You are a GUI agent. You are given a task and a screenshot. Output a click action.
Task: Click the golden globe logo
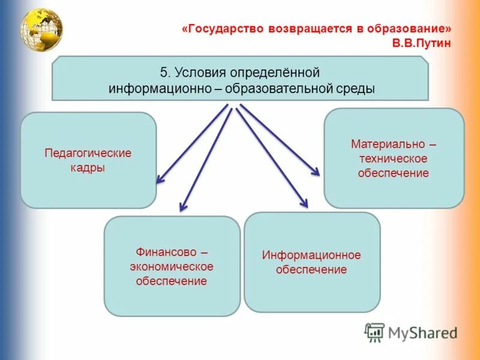tap(41, 28)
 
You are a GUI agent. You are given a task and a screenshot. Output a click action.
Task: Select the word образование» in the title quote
tap(417, 29)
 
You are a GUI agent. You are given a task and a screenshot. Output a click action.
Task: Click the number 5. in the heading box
tap(166, 73)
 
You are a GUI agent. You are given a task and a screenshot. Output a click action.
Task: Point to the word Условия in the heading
tap(200, 73)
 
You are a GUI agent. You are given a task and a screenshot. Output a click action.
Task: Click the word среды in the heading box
tap(358, 88)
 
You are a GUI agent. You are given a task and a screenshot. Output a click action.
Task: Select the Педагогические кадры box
tap(88, 160)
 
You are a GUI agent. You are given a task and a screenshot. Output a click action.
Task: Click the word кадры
tap(88, 168)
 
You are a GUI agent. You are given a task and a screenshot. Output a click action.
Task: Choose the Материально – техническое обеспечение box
tap(394, 158)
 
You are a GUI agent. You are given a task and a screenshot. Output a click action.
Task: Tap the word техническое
tap(394, 159)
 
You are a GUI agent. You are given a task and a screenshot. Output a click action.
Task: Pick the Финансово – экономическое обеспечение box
tap(172, 266)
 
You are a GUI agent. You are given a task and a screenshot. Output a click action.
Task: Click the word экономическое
tap(172, 266)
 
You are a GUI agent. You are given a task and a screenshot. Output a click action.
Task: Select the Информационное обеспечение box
tap(312, 262)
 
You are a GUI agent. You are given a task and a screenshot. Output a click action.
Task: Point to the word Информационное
tap(311, 255)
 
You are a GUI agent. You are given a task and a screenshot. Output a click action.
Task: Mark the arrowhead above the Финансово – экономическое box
tap(182, 208)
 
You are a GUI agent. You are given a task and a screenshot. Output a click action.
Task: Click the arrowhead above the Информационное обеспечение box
tap(305, 205)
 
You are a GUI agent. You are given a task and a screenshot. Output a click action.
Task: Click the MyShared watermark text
tap(422, 332)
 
